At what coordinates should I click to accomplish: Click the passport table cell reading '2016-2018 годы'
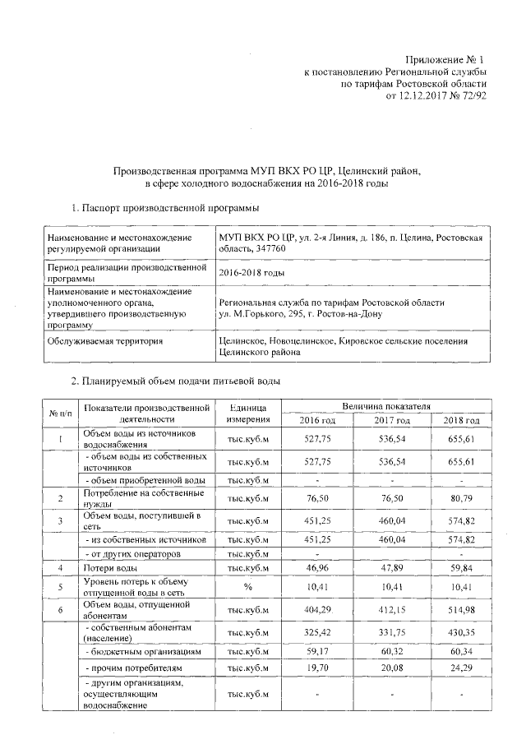pos(250,273)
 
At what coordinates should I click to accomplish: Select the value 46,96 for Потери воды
pos(316,568)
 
